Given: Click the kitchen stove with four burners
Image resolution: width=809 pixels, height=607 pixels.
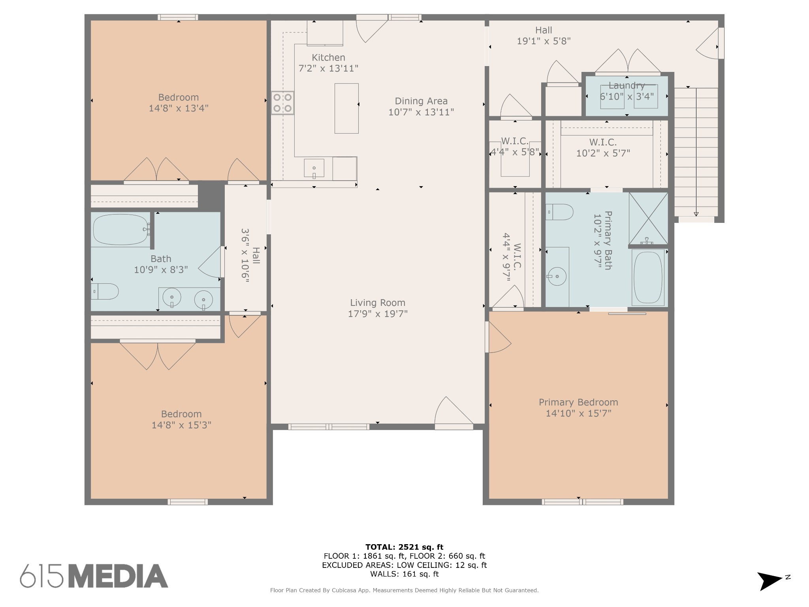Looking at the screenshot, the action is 282,103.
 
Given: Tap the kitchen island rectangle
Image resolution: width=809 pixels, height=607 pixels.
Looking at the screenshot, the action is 346,108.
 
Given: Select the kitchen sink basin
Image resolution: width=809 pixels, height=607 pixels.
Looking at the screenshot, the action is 314,168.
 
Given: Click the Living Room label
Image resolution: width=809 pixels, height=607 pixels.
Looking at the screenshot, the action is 378,303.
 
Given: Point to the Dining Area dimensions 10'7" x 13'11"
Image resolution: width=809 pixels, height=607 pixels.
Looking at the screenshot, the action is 421,112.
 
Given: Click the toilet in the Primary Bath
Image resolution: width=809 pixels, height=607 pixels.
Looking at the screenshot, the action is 559,212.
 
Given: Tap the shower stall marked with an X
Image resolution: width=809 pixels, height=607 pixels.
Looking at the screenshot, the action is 648,218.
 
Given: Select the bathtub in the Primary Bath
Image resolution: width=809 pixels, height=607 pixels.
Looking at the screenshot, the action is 648,277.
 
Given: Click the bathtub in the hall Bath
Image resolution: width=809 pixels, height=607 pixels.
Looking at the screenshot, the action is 120,230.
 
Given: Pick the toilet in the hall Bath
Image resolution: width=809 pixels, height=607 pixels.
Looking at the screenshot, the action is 105,292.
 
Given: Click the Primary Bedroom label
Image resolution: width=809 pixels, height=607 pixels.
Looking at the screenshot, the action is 578,402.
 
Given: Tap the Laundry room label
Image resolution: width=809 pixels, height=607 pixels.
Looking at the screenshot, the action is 627,85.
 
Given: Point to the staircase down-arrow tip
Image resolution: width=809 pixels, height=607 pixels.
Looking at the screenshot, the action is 696,216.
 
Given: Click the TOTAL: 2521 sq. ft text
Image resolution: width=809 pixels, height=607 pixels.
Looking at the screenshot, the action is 404,547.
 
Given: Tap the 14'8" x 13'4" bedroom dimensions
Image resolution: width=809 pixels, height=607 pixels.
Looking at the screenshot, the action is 179,108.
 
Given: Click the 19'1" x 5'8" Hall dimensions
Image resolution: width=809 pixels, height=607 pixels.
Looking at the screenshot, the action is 544,41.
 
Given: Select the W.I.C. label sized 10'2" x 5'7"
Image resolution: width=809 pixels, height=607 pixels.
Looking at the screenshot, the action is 603,142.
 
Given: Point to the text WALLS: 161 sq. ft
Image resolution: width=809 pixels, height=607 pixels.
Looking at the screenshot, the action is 404,574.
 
